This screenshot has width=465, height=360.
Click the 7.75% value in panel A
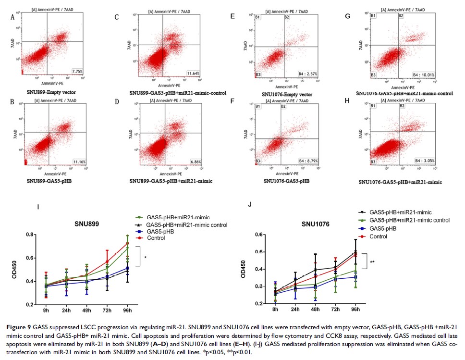[x=77, y=71]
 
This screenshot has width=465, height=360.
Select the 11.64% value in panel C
[x=194, y=73]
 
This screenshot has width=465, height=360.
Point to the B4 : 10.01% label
[x=423, y=75]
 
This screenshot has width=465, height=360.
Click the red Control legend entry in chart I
[x=156, y=238]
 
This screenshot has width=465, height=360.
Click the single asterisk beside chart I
[x=145, y=258]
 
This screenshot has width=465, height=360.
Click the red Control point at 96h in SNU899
[x=127, y=243]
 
